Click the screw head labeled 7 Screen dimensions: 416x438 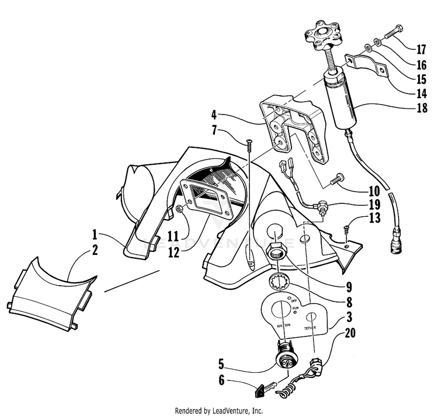tap(249, 141)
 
